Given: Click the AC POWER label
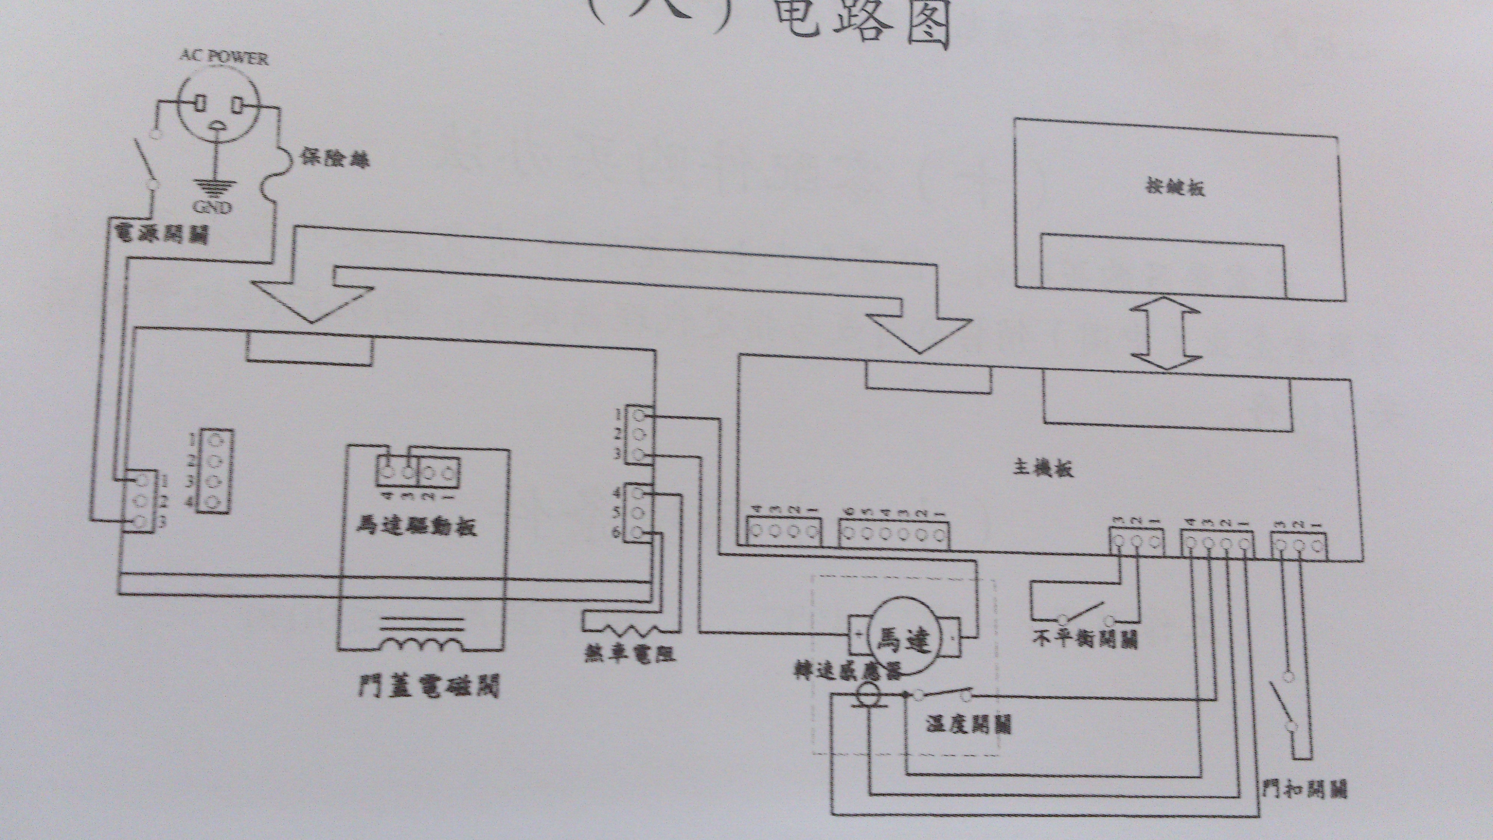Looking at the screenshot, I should [224, 57].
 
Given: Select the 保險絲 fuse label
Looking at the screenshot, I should [335, 158].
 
